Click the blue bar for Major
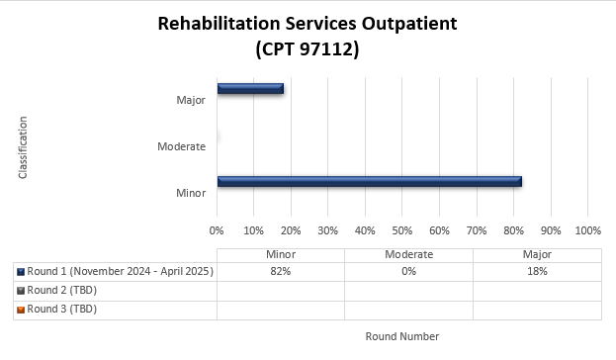tap(250, 88)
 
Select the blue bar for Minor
tap(369, 181)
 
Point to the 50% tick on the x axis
tap(401, 229)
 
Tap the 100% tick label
tap(587, 229)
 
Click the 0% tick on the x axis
tap(217, 229)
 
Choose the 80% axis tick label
tap(513, 229)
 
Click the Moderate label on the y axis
tap(181, 146)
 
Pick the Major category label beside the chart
tap(190, 100)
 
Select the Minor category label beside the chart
tap(190, 193)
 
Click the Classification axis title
tap(23, 147)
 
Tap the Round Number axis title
tap(401, 336)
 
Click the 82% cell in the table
tap(280, 271)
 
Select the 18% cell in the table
tap(537, 271)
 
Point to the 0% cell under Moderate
tap(408, 271)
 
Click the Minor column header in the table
tap(280, 254)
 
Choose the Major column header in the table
tap(537, 254)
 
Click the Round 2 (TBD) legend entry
tap(62, 290)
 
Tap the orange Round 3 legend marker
tap(21, 309)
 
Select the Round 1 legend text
tap(119, 271)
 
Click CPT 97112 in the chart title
tap(307, 48)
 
